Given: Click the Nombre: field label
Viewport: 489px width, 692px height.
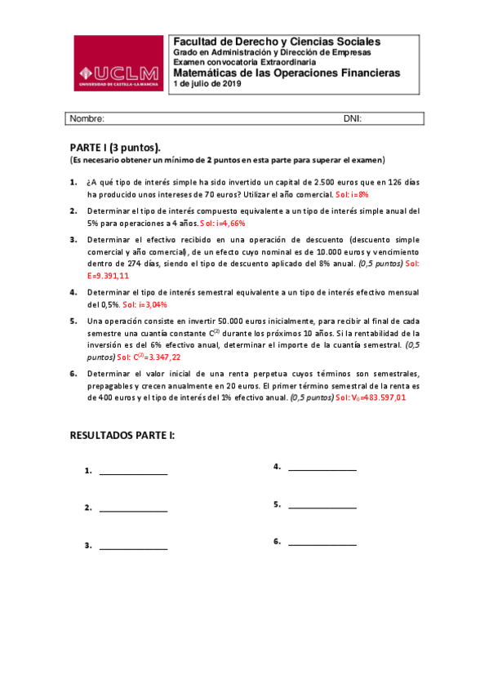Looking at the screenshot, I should click(87, 118).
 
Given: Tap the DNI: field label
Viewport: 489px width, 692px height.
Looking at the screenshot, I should click(353, 118).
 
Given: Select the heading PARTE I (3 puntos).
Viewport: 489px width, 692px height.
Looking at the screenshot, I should click(115, 147).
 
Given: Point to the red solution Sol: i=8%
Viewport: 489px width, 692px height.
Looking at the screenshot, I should click(353, 196).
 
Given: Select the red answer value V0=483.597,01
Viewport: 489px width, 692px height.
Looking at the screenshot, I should click(376, 397).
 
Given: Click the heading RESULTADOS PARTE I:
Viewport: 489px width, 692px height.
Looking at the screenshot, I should click(122, 436).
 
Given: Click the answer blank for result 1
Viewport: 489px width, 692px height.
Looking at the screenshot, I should click(133, 472).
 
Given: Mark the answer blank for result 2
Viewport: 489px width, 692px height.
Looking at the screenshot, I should click(133, 509).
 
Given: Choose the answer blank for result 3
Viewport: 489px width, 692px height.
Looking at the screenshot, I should click(133, 546).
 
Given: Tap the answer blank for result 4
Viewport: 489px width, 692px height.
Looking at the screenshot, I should click(322, 468).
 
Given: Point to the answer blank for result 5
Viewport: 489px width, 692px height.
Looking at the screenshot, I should click(322, 505).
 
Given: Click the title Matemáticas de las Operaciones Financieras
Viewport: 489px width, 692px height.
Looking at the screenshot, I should click(287, 73).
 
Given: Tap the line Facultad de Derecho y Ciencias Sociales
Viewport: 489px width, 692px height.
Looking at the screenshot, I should click(276, 42).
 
